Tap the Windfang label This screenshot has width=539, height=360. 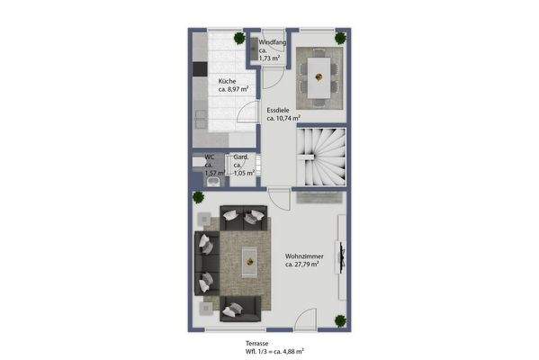point(272,42)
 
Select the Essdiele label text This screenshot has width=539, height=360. point(279,109)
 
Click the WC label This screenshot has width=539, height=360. point(209,157)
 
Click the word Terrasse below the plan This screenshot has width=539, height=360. point(257,343)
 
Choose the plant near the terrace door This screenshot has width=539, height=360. point(338,321)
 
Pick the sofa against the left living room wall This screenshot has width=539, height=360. point(206,262)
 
